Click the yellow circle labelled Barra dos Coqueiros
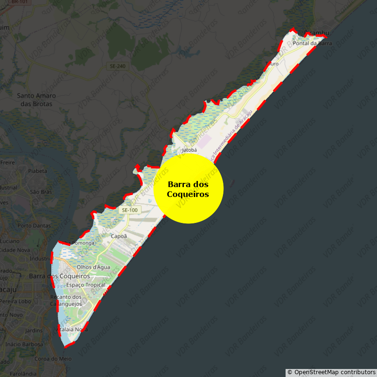[x=188, y=188]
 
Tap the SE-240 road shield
[x=117, y=66]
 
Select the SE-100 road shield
[x=129, y=210]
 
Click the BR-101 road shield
[x=19, y=2]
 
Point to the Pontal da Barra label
[x=312, y=43]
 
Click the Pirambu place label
[x=316, y=33]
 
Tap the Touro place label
[x=272, y=64]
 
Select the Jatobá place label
[x=189, y=150]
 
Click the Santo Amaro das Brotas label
[x=36, y=99]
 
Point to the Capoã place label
[x=119, y=236]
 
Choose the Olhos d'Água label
[x=97, y=267]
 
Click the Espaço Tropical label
[x=85, y=285]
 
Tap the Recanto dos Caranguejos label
[x=66, y=300]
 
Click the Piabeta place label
[x=38, y=171]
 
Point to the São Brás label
[x=41, y=192]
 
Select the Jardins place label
[x=34, y=330]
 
